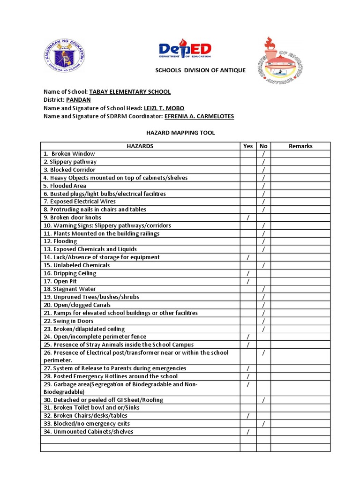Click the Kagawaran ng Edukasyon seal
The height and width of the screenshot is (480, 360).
(66, 55)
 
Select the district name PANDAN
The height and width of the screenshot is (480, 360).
(78, 100)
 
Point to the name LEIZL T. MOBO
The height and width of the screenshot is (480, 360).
(164, 108)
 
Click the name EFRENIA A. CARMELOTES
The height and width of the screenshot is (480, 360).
(199, 116)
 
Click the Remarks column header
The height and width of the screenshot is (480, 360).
(300, 146)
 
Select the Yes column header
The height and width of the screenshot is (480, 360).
(248, 146)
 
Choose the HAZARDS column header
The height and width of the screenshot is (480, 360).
(140, 146)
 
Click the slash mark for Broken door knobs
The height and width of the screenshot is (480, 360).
(248, 217)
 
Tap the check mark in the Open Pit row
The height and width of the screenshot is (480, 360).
(248, 281)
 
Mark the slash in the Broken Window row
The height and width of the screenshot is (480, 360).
(263, 154)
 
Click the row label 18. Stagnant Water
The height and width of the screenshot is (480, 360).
(69, 289)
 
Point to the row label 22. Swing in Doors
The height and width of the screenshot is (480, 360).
(68, 321)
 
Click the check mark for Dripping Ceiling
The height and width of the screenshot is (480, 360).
(248, 273)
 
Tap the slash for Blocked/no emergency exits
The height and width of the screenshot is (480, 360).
(263, 424)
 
